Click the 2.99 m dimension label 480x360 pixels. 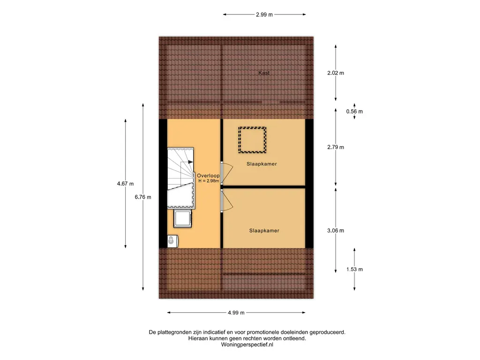coord(264,15)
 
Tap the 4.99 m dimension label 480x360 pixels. coord(236,313)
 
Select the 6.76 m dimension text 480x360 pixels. coord(143,197)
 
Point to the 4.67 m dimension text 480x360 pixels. coord(125,184)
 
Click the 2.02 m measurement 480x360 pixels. coord(336,73)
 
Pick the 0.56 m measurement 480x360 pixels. coord(354,112)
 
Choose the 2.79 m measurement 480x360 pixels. coord(336,147)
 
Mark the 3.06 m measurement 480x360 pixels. coord(336,231)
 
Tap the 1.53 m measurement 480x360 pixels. coord(354,270)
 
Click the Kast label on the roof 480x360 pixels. coord(264,73)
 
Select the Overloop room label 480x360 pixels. coord(208,176)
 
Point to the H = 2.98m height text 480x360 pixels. coord(209,181)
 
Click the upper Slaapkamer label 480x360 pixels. coord(262,164)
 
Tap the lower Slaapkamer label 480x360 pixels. coord(264,231)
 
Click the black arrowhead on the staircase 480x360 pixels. coord(190,162)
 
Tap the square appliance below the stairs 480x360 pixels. coord(183,218)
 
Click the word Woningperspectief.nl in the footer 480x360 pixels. coord(247,345)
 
